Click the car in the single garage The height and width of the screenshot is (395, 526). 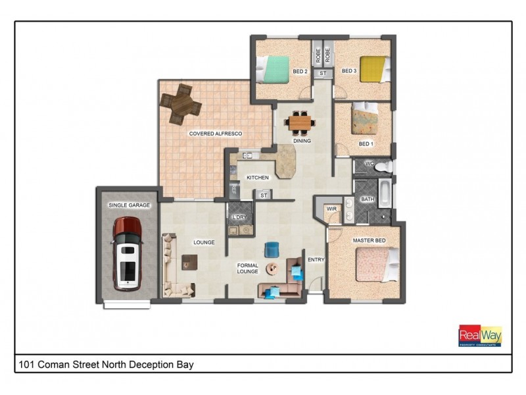point(128,253)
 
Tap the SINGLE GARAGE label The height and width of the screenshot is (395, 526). point(129,205)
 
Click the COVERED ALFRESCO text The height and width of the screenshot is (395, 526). point(216,134)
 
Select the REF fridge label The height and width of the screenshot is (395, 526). point(233,190)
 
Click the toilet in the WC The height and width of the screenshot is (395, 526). point(381,167)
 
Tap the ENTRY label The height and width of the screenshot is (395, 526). point(316,259)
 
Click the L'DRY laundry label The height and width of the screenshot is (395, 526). point(237,217)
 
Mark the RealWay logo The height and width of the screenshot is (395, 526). point(480,336)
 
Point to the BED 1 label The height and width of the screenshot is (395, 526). point(366,143)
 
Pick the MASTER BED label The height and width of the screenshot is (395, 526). point(370,240)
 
